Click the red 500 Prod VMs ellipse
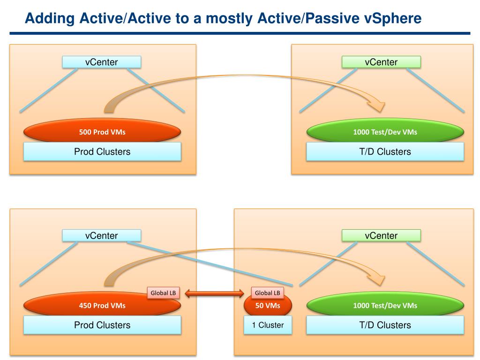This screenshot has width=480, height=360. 102,132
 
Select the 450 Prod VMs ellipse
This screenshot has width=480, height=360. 102,306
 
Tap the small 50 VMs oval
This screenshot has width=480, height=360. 268,306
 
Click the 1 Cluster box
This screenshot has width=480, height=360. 268,325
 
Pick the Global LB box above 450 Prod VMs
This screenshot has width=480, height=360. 163,293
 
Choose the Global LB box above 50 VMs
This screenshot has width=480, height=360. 267,293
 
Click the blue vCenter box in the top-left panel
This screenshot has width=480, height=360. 101,62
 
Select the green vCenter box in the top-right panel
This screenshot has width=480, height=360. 381,62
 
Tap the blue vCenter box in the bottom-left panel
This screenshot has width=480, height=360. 101,235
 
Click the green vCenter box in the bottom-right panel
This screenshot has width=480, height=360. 381,235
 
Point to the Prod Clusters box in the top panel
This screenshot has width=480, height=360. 102,151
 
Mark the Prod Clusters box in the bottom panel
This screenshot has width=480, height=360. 102,325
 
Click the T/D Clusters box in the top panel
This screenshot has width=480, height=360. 385,151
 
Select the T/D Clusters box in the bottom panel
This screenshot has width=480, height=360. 385,325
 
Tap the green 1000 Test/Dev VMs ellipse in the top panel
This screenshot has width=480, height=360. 385,132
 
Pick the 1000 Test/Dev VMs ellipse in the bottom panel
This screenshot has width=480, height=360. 385,306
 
